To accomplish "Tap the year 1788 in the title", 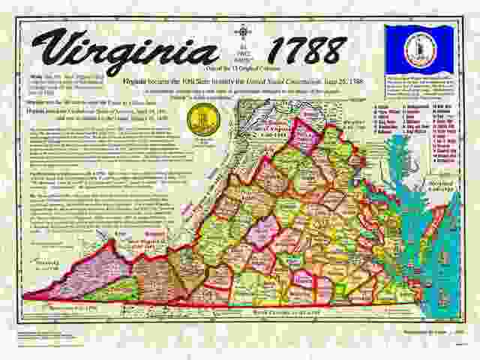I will pyautogui.click(x=304, y=50).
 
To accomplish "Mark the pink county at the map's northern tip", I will pyautogui.click(x=304, y=135).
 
